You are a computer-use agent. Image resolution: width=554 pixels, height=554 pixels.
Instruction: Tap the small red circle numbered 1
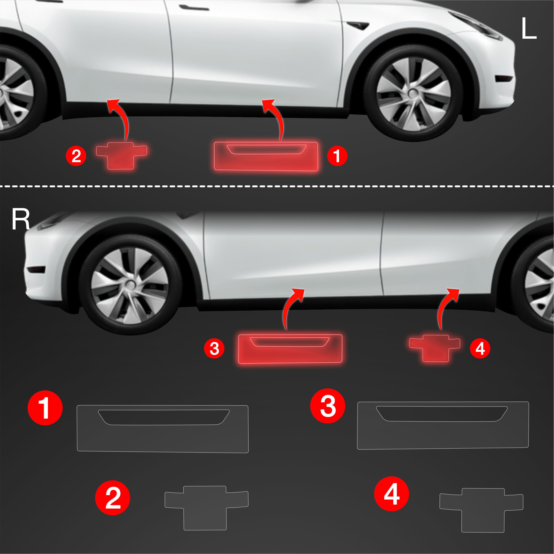click(x=337, y=156)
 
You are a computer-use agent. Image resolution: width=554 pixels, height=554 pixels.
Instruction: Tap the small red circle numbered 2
click(x=76, y=156)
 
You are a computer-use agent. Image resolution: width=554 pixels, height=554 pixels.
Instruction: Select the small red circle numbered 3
click(x=214, y=348)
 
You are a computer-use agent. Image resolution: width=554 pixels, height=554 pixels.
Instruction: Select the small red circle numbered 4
click(x=480, y=348)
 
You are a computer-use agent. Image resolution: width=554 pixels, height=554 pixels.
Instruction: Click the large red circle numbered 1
click(x=45, y=408)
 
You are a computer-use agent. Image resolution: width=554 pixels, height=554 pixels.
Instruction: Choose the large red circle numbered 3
click(x=328, y=406)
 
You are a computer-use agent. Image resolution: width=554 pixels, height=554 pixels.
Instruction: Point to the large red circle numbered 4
click(x=392, y=494)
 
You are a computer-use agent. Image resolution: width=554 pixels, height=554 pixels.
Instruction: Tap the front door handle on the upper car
click(x=194, y=7)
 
